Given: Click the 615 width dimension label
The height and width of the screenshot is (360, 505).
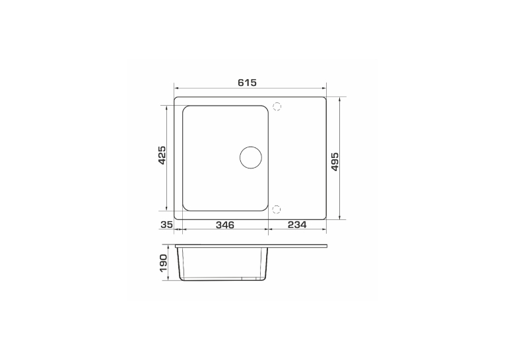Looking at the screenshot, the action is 248,83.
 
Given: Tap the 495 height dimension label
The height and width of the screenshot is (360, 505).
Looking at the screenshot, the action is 335,162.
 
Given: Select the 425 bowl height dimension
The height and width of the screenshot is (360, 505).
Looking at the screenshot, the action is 162,155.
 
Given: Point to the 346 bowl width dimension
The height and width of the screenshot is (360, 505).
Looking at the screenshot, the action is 225,225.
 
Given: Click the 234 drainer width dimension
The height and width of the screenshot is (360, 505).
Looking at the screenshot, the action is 297,225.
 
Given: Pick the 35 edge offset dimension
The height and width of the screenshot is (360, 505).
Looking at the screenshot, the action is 167,225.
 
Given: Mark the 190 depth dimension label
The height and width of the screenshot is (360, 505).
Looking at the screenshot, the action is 164,263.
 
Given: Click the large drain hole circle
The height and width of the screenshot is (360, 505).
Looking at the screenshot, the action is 251,158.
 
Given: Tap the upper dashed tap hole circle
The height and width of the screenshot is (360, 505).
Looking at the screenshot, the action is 277,106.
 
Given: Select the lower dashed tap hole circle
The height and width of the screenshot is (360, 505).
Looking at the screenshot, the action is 277,209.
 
